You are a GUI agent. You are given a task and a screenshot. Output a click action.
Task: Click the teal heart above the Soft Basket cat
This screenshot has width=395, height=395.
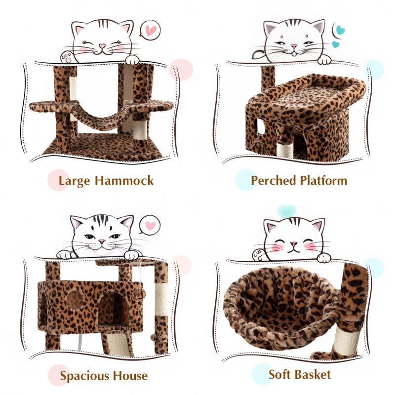286,211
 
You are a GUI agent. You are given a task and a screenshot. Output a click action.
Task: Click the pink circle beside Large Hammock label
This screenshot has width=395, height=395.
58,180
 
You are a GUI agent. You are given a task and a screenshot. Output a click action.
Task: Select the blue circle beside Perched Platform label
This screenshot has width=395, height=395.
245,180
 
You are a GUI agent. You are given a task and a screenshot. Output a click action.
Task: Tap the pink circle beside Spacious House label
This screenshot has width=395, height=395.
58,375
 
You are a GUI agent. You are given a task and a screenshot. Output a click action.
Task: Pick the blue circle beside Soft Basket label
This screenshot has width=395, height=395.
262,374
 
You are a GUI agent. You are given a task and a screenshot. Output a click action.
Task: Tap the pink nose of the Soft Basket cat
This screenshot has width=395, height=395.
294,243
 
